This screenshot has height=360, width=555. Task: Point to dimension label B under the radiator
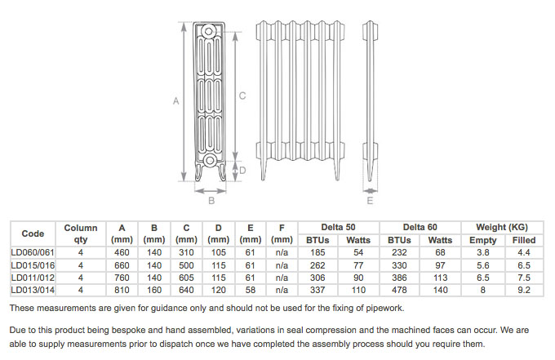pos(211,200)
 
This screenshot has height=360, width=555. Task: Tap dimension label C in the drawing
pos(242,96)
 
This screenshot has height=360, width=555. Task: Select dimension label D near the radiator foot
pos(242,171)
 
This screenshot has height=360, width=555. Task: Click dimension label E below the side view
pos(370,200)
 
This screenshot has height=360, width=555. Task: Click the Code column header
pos(33,233)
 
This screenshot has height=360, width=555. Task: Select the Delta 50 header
pos(338,228)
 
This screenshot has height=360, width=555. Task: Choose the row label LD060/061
pos(32,252)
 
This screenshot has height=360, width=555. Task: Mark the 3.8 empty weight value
pos(482,252)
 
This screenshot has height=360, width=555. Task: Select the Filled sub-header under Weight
pos(524,240)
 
